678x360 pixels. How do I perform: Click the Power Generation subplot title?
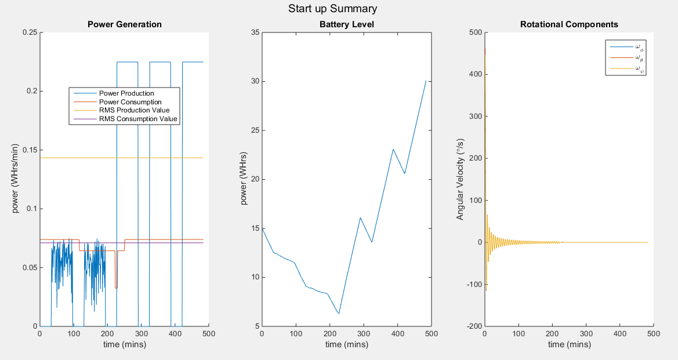point(124,24)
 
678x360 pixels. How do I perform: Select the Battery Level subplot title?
point(346,24)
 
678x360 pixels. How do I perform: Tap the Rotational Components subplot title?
point(569,24)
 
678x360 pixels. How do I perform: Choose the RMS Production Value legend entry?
point(134,110)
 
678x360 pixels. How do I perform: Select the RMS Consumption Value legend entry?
point(137,119)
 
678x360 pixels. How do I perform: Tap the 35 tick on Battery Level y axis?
point(253,32)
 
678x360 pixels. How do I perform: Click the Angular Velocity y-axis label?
point(460,179)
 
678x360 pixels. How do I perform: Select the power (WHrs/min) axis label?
point(16,179)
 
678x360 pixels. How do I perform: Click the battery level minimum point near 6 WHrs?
point(339,314)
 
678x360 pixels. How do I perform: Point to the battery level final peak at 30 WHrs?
point(426,81)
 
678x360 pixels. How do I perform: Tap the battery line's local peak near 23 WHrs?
point(393,150)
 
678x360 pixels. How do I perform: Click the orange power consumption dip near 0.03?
point(116,288)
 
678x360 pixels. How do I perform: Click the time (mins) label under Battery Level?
point(346,345)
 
